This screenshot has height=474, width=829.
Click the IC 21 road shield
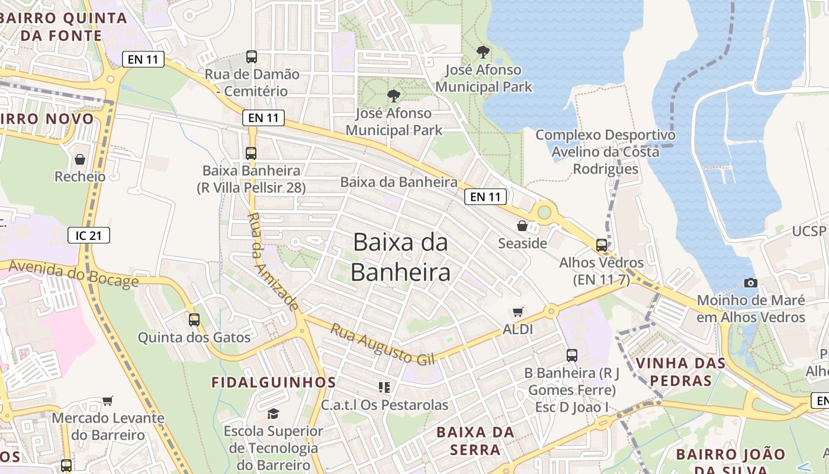click(x=89, y=235)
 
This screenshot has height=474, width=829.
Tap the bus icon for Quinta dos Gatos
click(x=194, y=320)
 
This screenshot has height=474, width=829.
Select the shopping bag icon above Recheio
click(x=79, y=159)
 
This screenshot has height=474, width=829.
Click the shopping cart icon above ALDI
click(x=518, y=312)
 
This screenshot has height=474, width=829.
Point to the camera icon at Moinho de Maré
click(x=750, y=283)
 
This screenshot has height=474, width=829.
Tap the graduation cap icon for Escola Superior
click(x=273, y=414)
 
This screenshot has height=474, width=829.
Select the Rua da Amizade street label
click(x=272, y=261)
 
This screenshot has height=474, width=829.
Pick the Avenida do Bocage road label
click(x=73, y=273)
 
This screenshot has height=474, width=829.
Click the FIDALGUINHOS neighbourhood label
click(x=274, y=382)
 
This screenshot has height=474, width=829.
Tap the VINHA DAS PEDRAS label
click(x=680, y=371)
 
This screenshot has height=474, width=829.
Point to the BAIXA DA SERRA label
click(x=475, y=441)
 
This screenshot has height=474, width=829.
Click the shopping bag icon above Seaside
click(x=522, y=226)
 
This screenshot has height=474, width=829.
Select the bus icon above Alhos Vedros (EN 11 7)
click(x=602, y=245)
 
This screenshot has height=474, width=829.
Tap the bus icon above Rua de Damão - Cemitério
click(x=252, y=57)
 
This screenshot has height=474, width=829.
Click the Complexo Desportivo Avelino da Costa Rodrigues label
click(x=605, y=152)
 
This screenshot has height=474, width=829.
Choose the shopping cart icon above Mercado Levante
click(x=107, y=401)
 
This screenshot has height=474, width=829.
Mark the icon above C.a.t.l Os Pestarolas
click(x=384, y=387)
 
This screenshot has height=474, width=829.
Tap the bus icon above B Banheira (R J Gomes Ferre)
click(x=571, y=355)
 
